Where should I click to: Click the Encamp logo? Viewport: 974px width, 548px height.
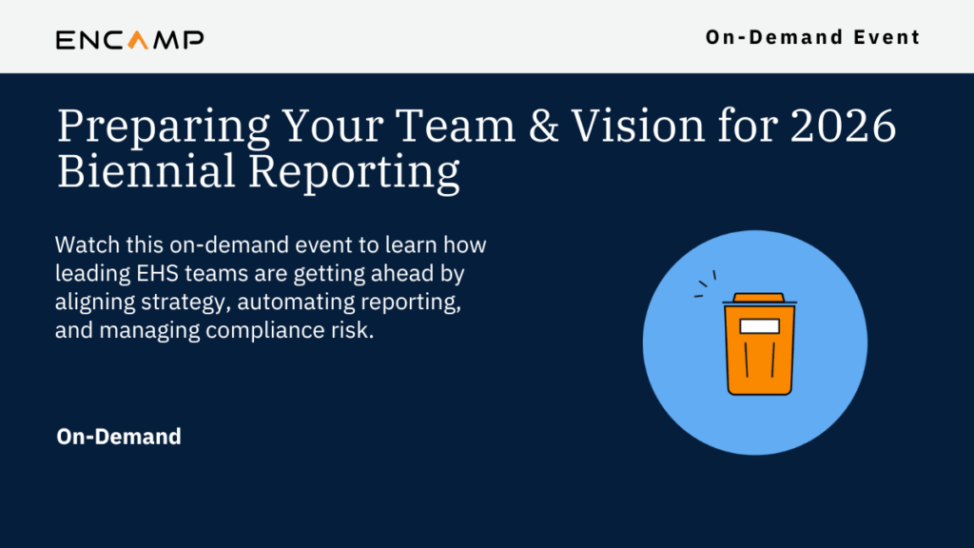click(129, 40)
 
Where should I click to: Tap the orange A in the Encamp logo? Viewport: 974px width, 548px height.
click(138, 40)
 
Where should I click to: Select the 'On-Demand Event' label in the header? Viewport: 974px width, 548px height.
click(812, 37)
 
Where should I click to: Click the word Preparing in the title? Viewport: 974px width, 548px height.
click(164, 127)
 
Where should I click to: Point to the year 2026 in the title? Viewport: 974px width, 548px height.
click(843, 126)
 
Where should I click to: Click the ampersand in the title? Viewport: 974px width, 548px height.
click(543, 126)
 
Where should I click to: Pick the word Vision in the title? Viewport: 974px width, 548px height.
click(638, 126)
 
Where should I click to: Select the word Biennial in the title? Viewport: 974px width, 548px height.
click(146, 170)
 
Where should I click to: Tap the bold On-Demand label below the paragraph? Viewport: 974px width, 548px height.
click(119, 437)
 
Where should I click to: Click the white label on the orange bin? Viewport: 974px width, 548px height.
click(759, 326)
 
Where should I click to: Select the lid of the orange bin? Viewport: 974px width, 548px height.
click(759, 299)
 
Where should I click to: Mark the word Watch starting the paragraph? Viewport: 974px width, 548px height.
click(87, 245)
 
